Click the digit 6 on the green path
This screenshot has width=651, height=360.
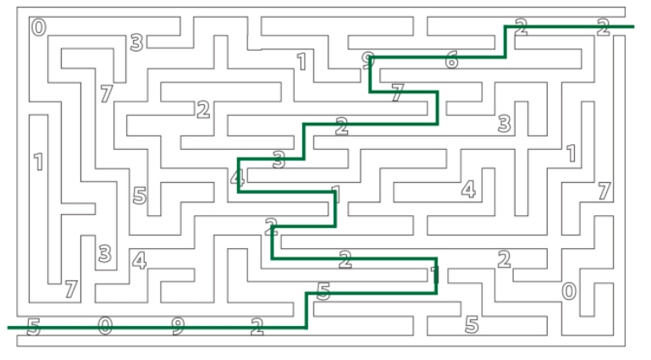(x=451, y=60)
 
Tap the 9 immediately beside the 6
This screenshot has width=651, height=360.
(x=367, y=60)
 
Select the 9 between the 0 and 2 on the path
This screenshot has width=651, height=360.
(x=177, y=325)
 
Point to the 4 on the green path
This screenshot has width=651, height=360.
(x=237, y=179)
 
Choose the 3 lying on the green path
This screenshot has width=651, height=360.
(x=279, y=158)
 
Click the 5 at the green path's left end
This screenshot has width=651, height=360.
(x=33, y=326)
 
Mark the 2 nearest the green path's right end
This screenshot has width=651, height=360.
(x=603, y=27)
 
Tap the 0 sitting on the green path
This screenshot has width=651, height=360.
(x=104, y=325)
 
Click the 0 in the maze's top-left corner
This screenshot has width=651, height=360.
(x=39, y=28)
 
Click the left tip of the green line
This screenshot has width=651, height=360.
(x=8, y=327)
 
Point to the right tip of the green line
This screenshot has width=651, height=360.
(x=633, y=27)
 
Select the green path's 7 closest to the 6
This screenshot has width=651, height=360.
(x=397, y=93)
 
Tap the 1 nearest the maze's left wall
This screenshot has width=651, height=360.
(x=38, y=161)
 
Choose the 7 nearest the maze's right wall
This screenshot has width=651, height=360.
(x=604, y=191)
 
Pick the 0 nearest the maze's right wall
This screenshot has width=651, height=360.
(x=569, y=291)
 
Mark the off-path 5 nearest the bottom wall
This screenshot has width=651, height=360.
(x=472, y=324)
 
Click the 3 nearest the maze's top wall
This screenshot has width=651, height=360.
(x=135, y=42)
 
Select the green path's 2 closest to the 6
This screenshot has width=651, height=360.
(x=521, y=28)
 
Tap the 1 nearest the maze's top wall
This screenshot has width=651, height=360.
(x=301, y=61)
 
